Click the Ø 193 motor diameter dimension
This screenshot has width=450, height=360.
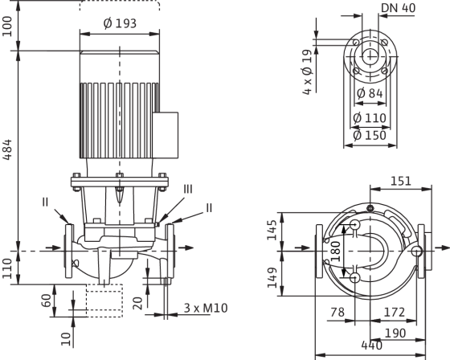120,23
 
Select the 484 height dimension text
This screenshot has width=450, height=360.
7,149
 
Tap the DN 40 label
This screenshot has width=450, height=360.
398,8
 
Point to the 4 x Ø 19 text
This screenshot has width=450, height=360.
307,72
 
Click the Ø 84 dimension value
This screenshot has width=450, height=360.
370,93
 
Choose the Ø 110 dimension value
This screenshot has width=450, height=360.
370,118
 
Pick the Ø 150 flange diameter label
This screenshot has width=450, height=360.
370,136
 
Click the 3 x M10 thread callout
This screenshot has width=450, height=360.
206,308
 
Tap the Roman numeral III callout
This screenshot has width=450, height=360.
188,190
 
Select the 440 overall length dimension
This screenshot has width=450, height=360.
372,346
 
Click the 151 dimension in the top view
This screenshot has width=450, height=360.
401,181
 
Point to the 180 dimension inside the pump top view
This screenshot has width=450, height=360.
336,252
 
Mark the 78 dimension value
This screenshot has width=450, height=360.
337,312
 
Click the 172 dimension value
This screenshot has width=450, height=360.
395,312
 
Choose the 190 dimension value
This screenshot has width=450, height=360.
395,333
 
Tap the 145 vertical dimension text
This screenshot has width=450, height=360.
272,230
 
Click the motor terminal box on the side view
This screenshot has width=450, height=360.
166,135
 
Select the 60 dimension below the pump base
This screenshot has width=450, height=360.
47,301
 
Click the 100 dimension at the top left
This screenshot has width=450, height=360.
7,27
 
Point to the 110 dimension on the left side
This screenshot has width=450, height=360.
7,268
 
